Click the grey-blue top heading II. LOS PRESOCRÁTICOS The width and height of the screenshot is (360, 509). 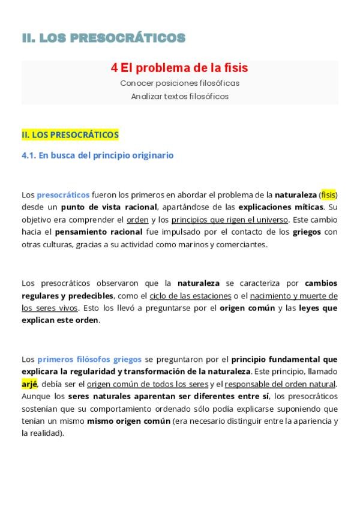[103, 38]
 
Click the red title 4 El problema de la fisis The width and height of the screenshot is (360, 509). [179, 68]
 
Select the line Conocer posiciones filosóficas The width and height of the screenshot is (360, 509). [179, 83]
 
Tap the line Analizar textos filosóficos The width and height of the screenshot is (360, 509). [179, 96]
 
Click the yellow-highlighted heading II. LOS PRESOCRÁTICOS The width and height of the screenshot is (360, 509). [70, 135]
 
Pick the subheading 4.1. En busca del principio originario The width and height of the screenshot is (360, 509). [98, 155]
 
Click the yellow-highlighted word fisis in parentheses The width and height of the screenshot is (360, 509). [328, 194]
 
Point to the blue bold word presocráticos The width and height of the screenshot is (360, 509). [63, 194]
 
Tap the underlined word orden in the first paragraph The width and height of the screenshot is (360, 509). [137, 220]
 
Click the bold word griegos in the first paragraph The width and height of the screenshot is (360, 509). [307, 232]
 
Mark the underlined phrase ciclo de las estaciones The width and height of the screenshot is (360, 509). [190, 295]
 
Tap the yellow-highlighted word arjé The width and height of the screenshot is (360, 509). [29, 384]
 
